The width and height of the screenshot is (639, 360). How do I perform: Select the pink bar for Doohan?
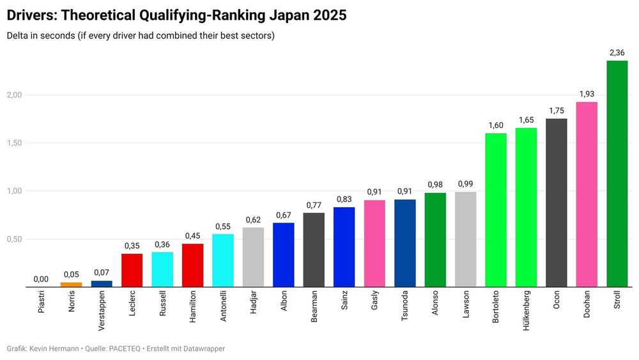point(587,194)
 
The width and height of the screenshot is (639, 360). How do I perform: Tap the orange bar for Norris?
point(71,285)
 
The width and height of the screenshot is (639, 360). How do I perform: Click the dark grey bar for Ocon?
point(556,203)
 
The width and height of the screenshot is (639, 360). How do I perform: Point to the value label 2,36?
point(617,52)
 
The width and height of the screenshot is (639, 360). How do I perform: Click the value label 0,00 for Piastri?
point(40,279)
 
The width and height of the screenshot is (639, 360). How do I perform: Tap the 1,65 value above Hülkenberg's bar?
point(526,120)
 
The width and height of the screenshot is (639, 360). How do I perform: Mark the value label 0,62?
point(253,219)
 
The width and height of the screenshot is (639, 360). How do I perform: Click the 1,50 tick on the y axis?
point(14,143)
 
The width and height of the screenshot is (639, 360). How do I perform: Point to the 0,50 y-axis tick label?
point(14,239)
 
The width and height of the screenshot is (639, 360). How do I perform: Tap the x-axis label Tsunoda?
point(404,308)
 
